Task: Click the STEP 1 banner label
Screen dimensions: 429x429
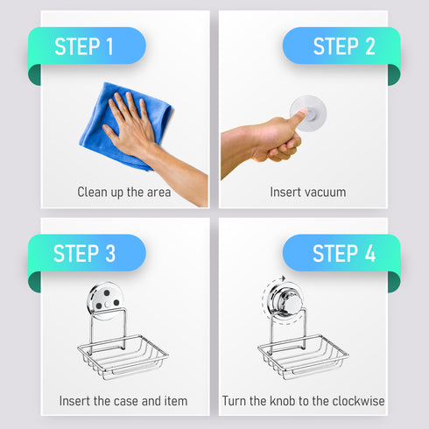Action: (x=84, y=46)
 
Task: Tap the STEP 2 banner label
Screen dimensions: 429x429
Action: (x=344, y=46)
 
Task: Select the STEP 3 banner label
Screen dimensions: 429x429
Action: (x=84, y=253)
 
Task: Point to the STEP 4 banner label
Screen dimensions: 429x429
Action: (x=344, y=253)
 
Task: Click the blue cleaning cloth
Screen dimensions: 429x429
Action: (x=125, y=125)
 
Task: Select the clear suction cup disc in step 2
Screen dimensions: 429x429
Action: (x=308, y=113)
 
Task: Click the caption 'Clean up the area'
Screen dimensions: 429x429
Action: (x=124, y=193)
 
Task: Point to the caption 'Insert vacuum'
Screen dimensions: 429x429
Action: (x=308, y=192)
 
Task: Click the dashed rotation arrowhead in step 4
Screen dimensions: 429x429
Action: (x=282, y=278)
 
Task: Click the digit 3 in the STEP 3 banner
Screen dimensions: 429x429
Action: (x=110, y=253)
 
